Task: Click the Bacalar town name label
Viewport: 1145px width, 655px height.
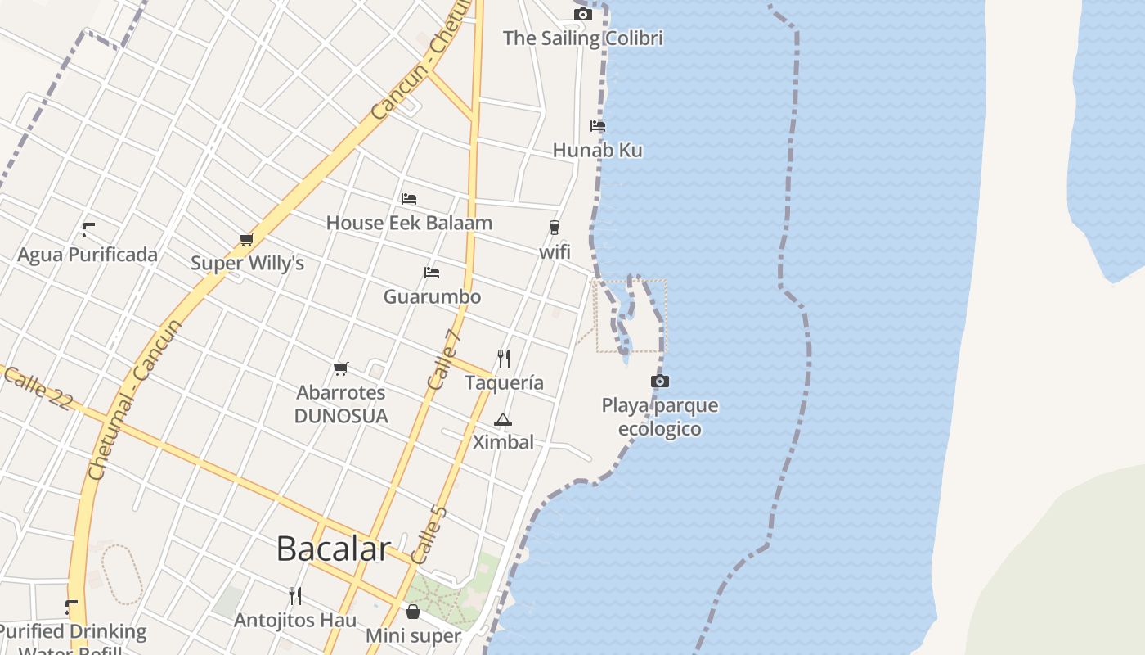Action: click(333, 549)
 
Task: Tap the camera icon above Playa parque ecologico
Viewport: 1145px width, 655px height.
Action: click(659, 382)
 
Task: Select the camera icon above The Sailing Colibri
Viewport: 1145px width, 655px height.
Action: click(582, 14)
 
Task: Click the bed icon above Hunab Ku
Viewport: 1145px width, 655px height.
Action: click(598, 126)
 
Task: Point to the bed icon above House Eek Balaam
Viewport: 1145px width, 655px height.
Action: click(408, 198)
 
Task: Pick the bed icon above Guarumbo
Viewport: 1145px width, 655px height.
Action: click(432, 272)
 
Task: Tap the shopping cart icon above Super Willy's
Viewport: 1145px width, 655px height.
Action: click(246, 239)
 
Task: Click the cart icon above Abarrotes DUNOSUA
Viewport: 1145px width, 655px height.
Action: click(341, 368)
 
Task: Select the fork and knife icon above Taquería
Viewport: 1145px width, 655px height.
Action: click(504, 359)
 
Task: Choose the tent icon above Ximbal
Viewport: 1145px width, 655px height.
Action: click(503, 420)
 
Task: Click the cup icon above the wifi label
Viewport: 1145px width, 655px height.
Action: click(555, 228)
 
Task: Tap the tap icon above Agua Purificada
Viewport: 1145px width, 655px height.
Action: click(88, 230)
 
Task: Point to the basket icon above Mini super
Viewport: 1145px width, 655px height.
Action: click(413, 612)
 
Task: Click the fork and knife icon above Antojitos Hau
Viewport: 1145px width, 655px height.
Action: click(295, 596)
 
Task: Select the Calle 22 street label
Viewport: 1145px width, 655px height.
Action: click(38, 388)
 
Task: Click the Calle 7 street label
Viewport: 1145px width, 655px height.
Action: click(445, 359)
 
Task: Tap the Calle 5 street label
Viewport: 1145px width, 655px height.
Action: click(430, 535)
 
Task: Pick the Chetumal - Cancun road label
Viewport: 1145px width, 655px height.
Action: click(136, 400)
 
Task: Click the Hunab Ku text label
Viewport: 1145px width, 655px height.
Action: click(597, 151)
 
